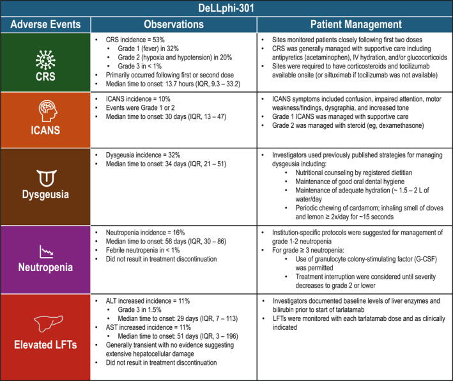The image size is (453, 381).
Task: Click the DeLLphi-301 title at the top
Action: click(x=226, y=8)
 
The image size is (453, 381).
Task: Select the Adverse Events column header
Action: click(x=45, y=24)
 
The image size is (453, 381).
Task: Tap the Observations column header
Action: click(x=174, y=24)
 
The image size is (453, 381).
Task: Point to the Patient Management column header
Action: click(x=356, y=24)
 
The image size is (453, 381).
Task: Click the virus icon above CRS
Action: click(x=45, y=60)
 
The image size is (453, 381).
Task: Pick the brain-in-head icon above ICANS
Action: click(x=48, y=111)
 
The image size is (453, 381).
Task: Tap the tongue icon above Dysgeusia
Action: click(x=47, y=178)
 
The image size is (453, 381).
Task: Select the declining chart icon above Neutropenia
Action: click(x=46, y=251)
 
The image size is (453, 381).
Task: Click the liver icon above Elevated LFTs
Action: click(x=49, y=323)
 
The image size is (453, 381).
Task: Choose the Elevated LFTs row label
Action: click(x=45, y=345)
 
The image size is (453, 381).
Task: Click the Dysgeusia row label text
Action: click(x=45, y=194)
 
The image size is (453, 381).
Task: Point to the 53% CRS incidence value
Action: click(x=158, y=40)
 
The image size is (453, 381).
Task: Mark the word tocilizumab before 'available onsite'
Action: click(x=414, y=66)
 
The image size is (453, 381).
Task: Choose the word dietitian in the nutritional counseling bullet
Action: click(x=402, y=173)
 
